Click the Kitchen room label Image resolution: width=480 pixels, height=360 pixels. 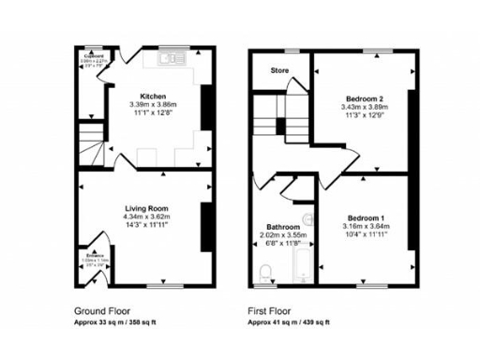point(154,96)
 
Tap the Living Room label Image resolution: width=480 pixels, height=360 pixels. point(145,208)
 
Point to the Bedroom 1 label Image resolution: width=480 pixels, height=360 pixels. point(363,217)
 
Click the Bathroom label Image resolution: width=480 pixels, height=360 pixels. point(282,228)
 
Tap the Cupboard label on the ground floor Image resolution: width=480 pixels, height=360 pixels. point(91,56)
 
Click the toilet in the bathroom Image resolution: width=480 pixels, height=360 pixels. point(266,272)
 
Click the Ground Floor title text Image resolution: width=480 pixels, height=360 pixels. point(102,309)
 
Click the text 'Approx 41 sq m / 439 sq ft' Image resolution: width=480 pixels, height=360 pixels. point(289,322)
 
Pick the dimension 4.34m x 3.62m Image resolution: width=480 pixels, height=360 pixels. point(145,217)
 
